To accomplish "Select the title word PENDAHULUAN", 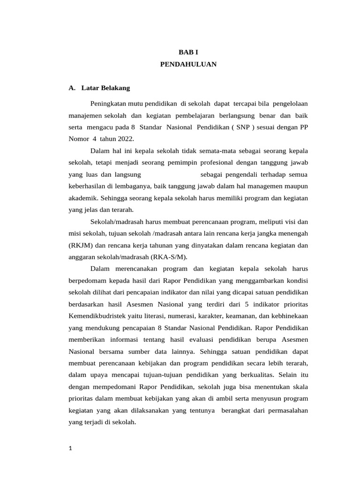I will pos(188,65).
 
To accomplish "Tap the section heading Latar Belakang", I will pos(105,88).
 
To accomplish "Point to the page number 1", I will pos(70,448).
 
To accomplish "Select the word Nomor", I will pos(79,139).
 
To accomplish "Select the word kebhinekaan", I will pos(285,316).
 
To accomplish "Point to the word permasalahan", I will pos(286,410).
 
